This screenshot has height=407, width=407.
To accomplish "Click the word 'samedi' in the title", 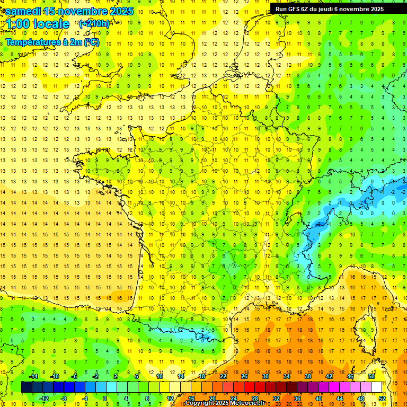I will click(23, 11).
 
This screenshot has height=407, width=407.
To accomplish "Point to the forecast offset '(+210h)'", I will click(94, 23).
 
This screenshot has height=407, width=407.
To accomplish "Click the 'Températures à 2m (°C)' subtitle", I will click(52, 42).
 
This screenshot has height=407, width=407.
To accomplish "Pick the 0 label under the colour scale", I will click(104, 399).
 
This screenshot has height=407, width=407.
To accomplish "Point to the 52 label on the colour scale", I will click(382, 399).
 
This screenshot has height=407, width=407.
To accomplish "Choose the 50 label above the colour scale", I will click(371, 376).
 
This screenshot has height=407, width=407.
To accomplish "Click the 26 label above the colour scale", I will click(244, 376).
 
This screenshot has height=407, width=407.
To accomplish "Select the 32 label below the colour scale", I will click(276, 399).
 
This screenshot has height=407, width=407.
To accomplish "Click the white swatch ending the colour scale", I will click(377, 387).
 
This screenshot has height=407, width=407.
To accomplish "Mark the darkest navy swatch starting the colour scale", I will click(26, 387).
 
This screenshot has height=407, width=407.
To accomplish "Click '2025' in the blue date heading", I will click(121, 11).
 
